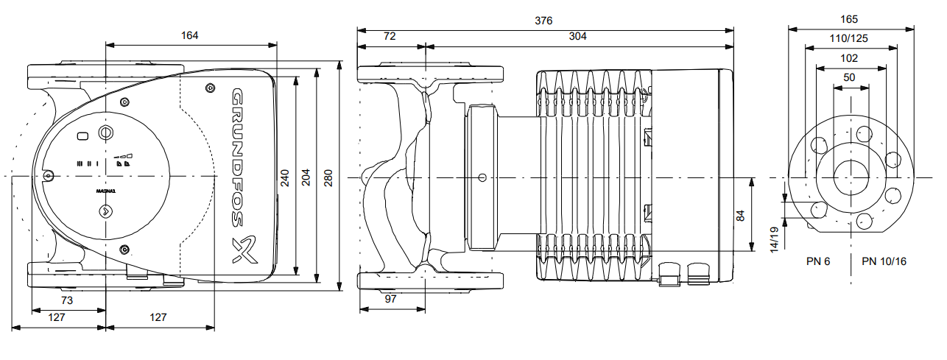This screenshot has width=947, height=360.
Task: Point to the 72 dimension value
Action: pos(391,36)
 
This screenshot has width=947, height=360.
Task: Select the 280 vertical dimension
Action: pos(328,177)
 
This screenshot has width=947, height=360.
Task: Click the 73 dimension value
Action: pos(67,300)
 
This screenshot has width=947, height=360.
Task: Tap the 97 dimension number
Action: pos(390,300)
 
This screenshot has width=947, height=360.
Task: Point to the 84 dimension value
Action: pos(741,215)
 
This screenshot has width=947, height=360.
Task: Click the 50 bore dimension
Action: pos(850,77)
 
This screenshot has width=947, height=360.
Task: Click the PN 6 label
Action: pos(817,261)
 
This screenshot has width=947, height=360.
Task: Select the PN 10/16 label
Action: pos(884,261)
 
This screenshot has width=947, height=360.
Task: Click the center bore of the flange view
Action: pos(851,177)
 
